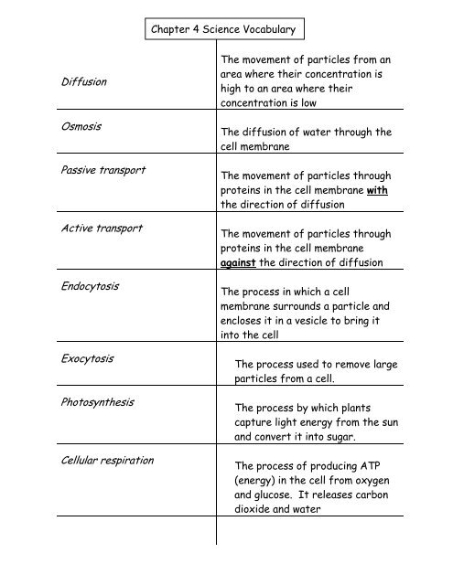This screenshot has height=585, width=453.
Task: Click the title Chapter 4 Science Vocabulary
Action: coord(228,30)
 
